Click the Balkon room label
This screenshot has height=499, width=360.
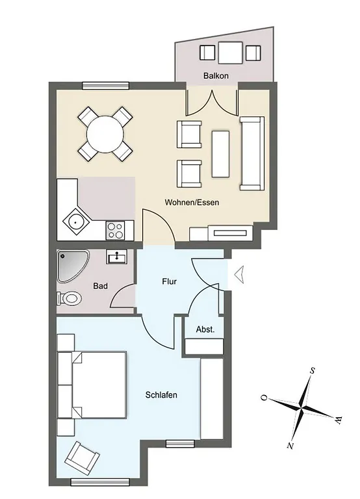[x=216, y=76]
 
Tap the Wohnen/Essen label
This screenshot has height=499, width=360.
[x=192, y=202]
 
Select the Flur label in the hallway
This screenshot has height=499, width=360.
[x=170, y=281]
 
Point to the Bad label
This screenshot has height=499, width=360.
[x=100, y=286]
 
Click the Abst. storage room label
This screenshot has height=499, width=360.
[x=205, y=329]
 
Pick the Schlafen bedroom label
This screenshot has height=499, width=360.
[x=161, y=395]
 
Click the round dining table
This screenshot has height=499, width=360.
[x=105, y=134]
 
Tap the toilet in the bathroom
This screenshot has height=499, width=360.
[x=70, y=298]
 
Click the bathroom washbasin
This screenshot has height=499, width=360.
[x=117, y=257]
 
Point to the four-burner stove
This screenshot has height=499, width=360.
[x=115, y=231]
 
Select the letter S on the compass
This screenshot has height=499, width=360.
[x=313, y=371]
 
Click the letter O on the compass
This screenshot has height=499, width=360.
[x=264, y=398]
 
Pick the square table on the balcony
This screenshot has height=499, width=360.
[x=230, y=53]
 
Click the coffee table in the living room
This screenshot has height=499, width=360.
[x=220, y=154]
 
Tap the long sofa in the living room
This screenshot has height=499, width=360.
[x=252, y=153]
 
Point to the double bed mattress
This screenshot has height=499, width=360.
[x=99, y=385]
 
